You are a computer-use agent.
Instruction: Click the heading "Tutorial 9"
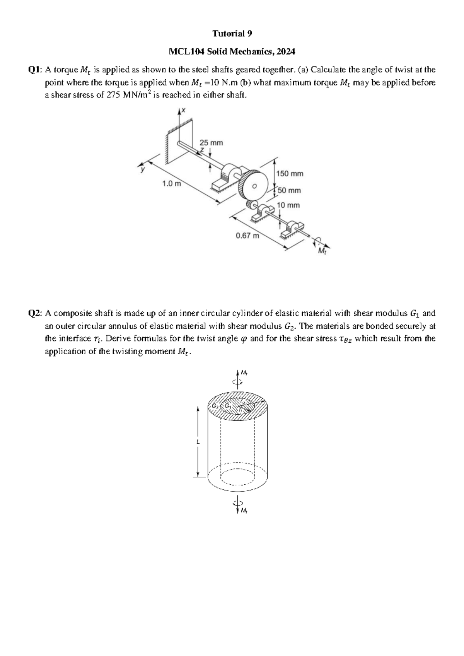[232, 34]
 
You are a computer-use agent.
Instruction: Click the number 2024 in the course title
[286, 51]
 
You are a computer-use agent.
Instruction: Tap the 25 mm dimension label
[211, 143]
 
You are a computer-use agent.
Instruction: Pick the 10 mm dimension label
[288, 205]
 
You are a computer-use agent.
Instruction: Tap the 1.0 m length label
[172, 184]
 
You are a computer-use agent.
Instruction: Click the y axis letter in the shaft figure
[142, 169]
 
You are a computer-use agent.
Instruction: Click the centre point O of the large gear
[254, 186]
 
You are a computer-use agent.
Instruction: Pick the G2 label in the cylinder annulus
[215, 407]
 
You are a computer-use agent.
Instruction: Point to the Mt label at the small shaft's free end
[321, 252]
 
